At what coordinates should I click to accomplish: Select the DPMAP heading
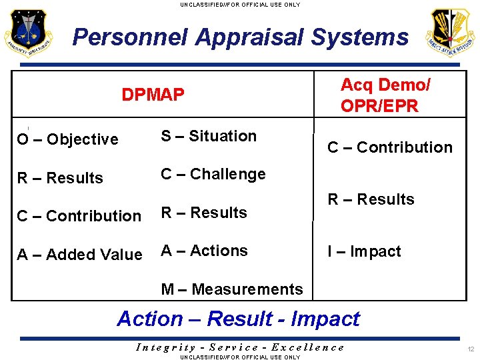click(153, 95)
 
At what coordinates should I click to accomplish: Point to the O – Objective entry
click(67, 139)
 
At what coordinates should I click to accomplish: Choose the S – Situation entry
click(209, 136)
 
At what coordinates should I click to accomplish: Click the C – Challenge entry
click(213, 175)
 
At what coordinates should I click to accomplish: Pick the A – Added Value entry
click(79, 255)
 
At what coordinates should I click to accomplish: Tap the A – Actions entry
click(204, 251)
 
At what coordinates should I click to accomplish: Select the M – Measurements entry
click(232, 289)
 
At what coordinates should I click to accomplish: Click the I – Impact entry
click(364, 252)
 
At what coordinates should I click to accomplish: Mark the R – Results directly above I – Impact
click(371, 199)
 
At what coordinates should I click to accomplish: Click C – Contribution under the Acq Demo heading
click(390, 147)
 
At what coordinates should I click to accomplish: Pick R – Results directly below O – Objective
click(60, 178)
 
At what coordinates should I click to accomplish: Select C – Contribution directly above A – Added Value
click(79, 216)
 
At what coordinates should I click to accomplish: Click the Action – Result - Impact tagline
click(238, 319)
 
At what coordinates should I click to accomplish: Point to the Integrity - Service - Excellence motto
click(240, 347)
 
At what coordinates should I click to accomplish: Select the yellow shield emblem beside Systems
click(451, 33)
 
